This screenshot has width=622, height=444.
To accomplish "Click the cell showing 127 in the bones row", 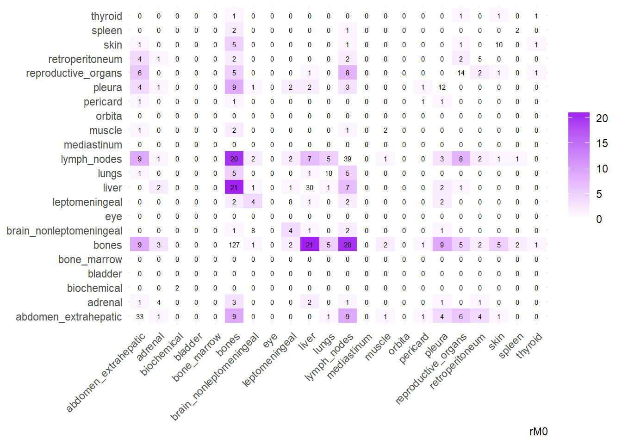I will point(234,245).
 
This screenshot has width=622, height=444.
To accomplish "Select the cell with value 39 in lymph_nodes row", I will point(348,159).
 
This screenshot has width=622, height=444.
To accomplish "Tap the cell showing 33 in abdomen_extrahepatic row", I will point(140,317).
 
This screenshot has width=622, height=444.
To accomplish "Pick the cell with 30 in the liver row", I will point(310,188).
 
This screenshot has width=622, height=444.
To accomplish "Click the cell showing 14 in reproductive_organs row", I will point(461,73).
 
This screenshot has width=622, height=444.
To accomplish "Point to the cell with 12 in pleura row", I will point(442,87).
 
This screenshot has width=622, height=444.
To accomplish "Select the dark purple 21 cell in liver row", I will point(234,188).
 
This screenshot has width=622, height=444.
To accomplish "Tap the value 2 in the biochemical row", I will point(177,288).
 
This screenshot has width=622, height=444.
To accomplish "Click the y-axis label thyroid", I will point(106,16).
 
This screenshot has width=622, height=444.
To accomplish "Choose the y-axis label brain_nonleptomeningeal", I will point(64,231).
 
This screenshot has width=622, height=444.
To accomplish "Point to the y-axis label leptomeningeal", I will point(87,202).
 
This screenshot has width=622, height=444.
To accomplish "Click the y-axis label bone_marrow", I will point(90,259).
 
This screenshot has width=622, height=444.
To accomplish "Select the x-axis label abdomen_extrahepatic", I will point(106,372).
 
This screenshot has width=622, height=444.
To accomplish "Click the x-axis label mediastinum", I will point(349,357).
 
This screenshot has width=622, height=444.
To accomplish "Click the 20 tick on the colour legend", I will point(602,118).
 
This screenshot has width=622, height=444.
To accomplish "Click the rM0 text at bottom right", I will point(538,432).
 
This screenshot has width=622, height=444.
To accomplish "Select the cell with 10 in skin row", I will point(499,45).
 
